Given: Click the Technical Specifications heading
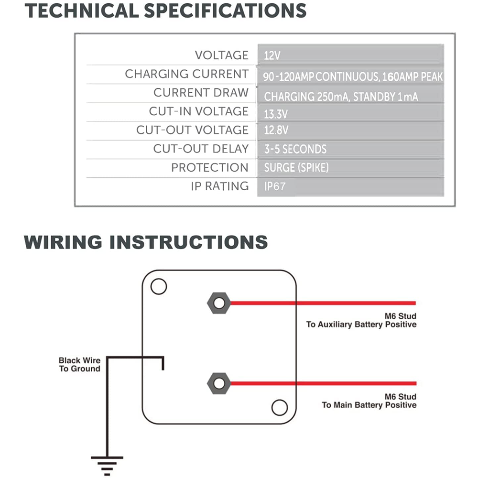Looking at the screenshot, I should [165, 10].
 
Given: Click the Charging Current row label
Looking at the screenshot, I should [186, 74].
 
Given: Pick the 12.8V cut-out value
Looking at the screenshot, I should [276, 130].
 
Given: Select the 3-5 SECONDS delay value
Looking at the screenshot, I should [295, 149].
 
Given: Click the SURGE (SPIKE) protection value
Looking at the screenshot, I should [296, 168].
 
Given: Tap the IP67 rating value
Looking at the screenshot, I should [274, 186].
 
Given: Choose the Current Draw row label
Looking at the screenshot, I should [201, 93].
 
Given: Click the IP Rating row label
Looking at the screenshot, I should [219, 186].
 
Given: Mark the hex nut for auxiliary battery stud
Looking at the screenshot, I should [219, 303].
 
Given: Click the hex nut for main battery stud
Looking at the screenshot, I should [219, 383].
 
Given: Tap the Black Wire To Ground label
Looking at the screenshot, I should [79, 364].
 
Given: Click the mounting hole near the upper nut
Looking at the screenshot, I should [158, 287].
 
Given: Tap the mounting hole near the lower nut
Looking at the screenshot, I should [279, 408].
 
